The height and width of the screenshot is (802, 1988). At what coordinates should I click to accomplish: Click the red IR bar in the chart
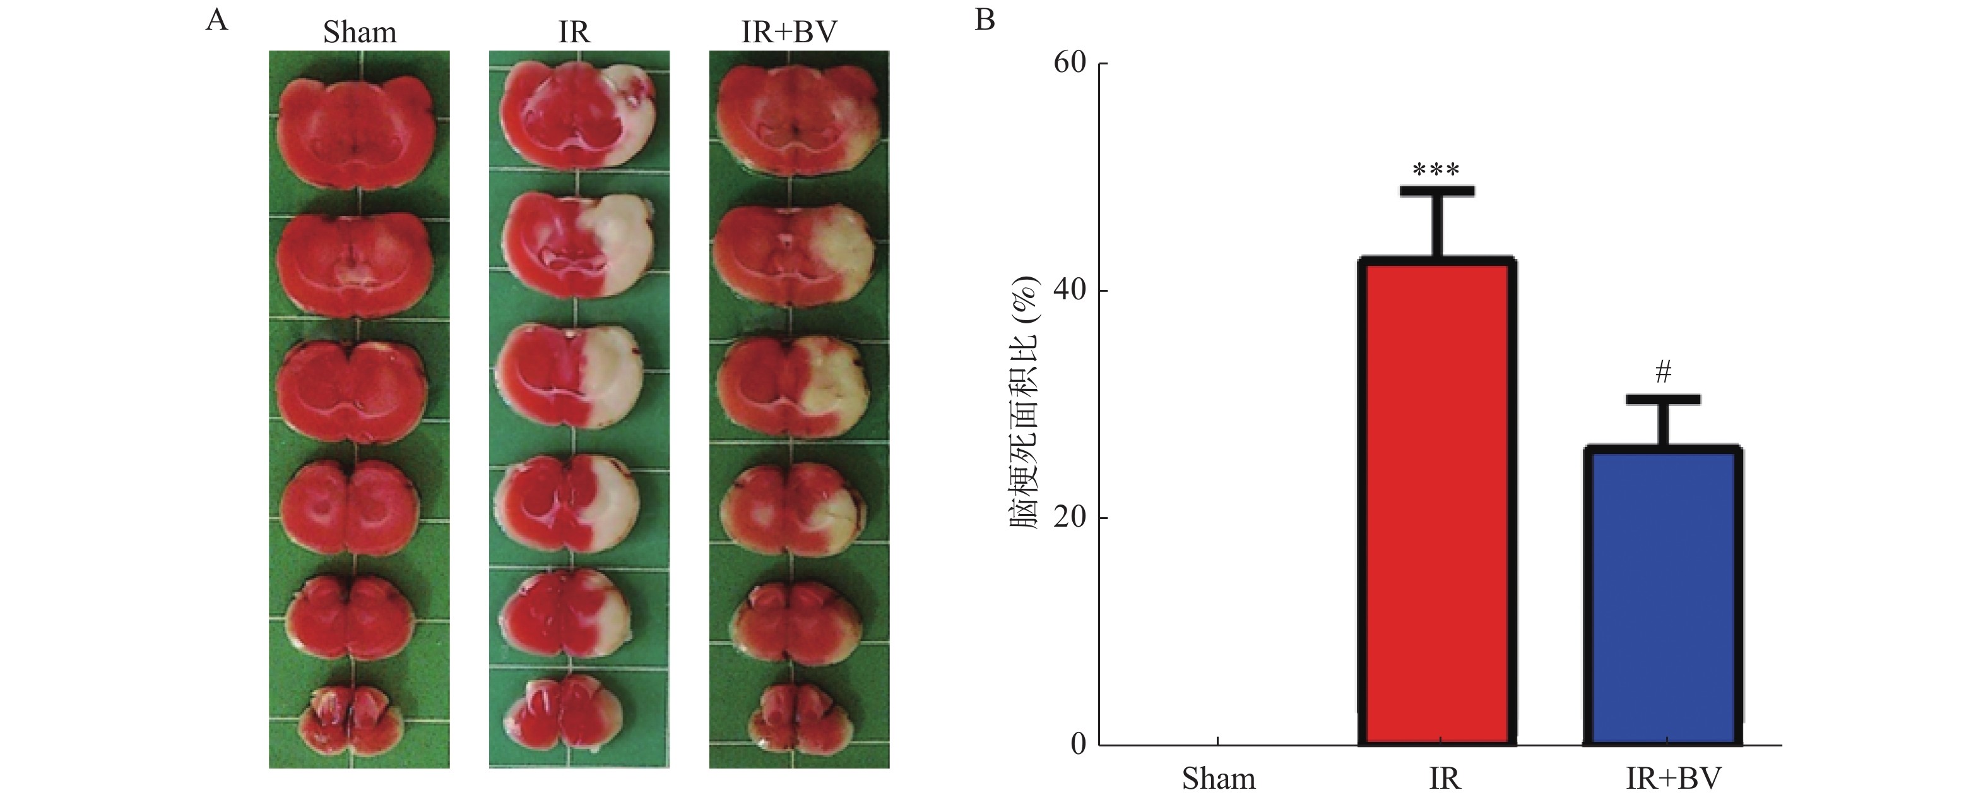click(x=1437, y=502)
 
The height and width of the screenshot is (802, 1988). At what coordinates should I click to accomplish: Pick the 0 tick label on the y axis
click(x=1078, y=743)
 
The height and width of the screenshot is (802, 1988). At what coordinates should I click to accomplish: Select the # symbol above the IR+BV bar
click(x=1663, y=373)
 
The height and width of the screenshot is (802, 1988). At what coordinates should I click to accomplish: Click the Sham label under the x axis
click(x=1219, y=779)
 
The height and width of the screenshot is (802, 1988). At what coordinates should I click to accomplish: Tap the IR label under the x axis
click(x=1444, y=779)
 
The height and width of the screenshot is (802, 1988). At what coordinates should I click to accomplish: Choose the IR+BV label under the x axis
click(x=1673, y=779)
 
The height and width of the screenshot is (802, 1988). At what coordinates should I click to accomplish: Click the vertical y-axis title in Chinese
click(x=1026, y=402)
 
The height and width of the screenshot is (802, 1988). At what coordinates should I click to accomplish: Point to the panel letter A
click(x=217, y=20)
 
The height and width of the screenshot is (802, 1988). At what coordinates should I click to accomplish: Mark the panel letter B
click(x=985, y=20)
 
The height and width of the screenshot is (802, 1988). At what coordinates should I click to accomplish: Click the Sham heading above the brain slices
click(x=360, y=32)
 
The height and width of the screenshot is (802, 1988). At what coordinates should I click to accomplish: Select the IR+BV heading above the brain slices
click(x=789, y=32)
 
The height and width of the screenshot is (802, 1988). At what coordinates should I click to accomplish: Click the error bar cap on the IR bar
click(x=1437, y=191)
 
